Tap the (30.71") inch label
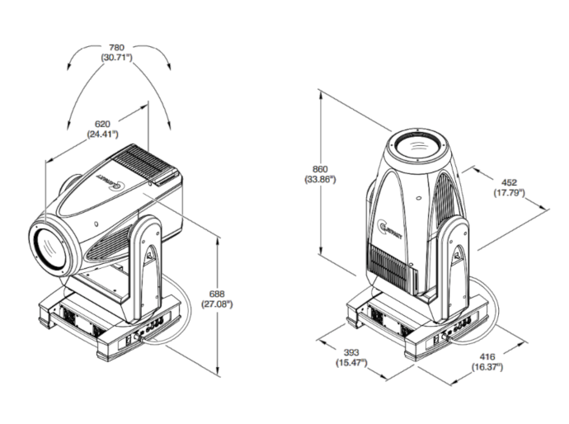(120, 58)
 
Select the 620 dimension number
(102, 124)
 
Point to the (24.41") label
(102, 134)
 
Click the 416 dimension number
(487, 356)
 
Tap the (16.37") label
(487, 367)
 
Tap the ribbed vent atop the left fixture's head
(148, 162)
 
